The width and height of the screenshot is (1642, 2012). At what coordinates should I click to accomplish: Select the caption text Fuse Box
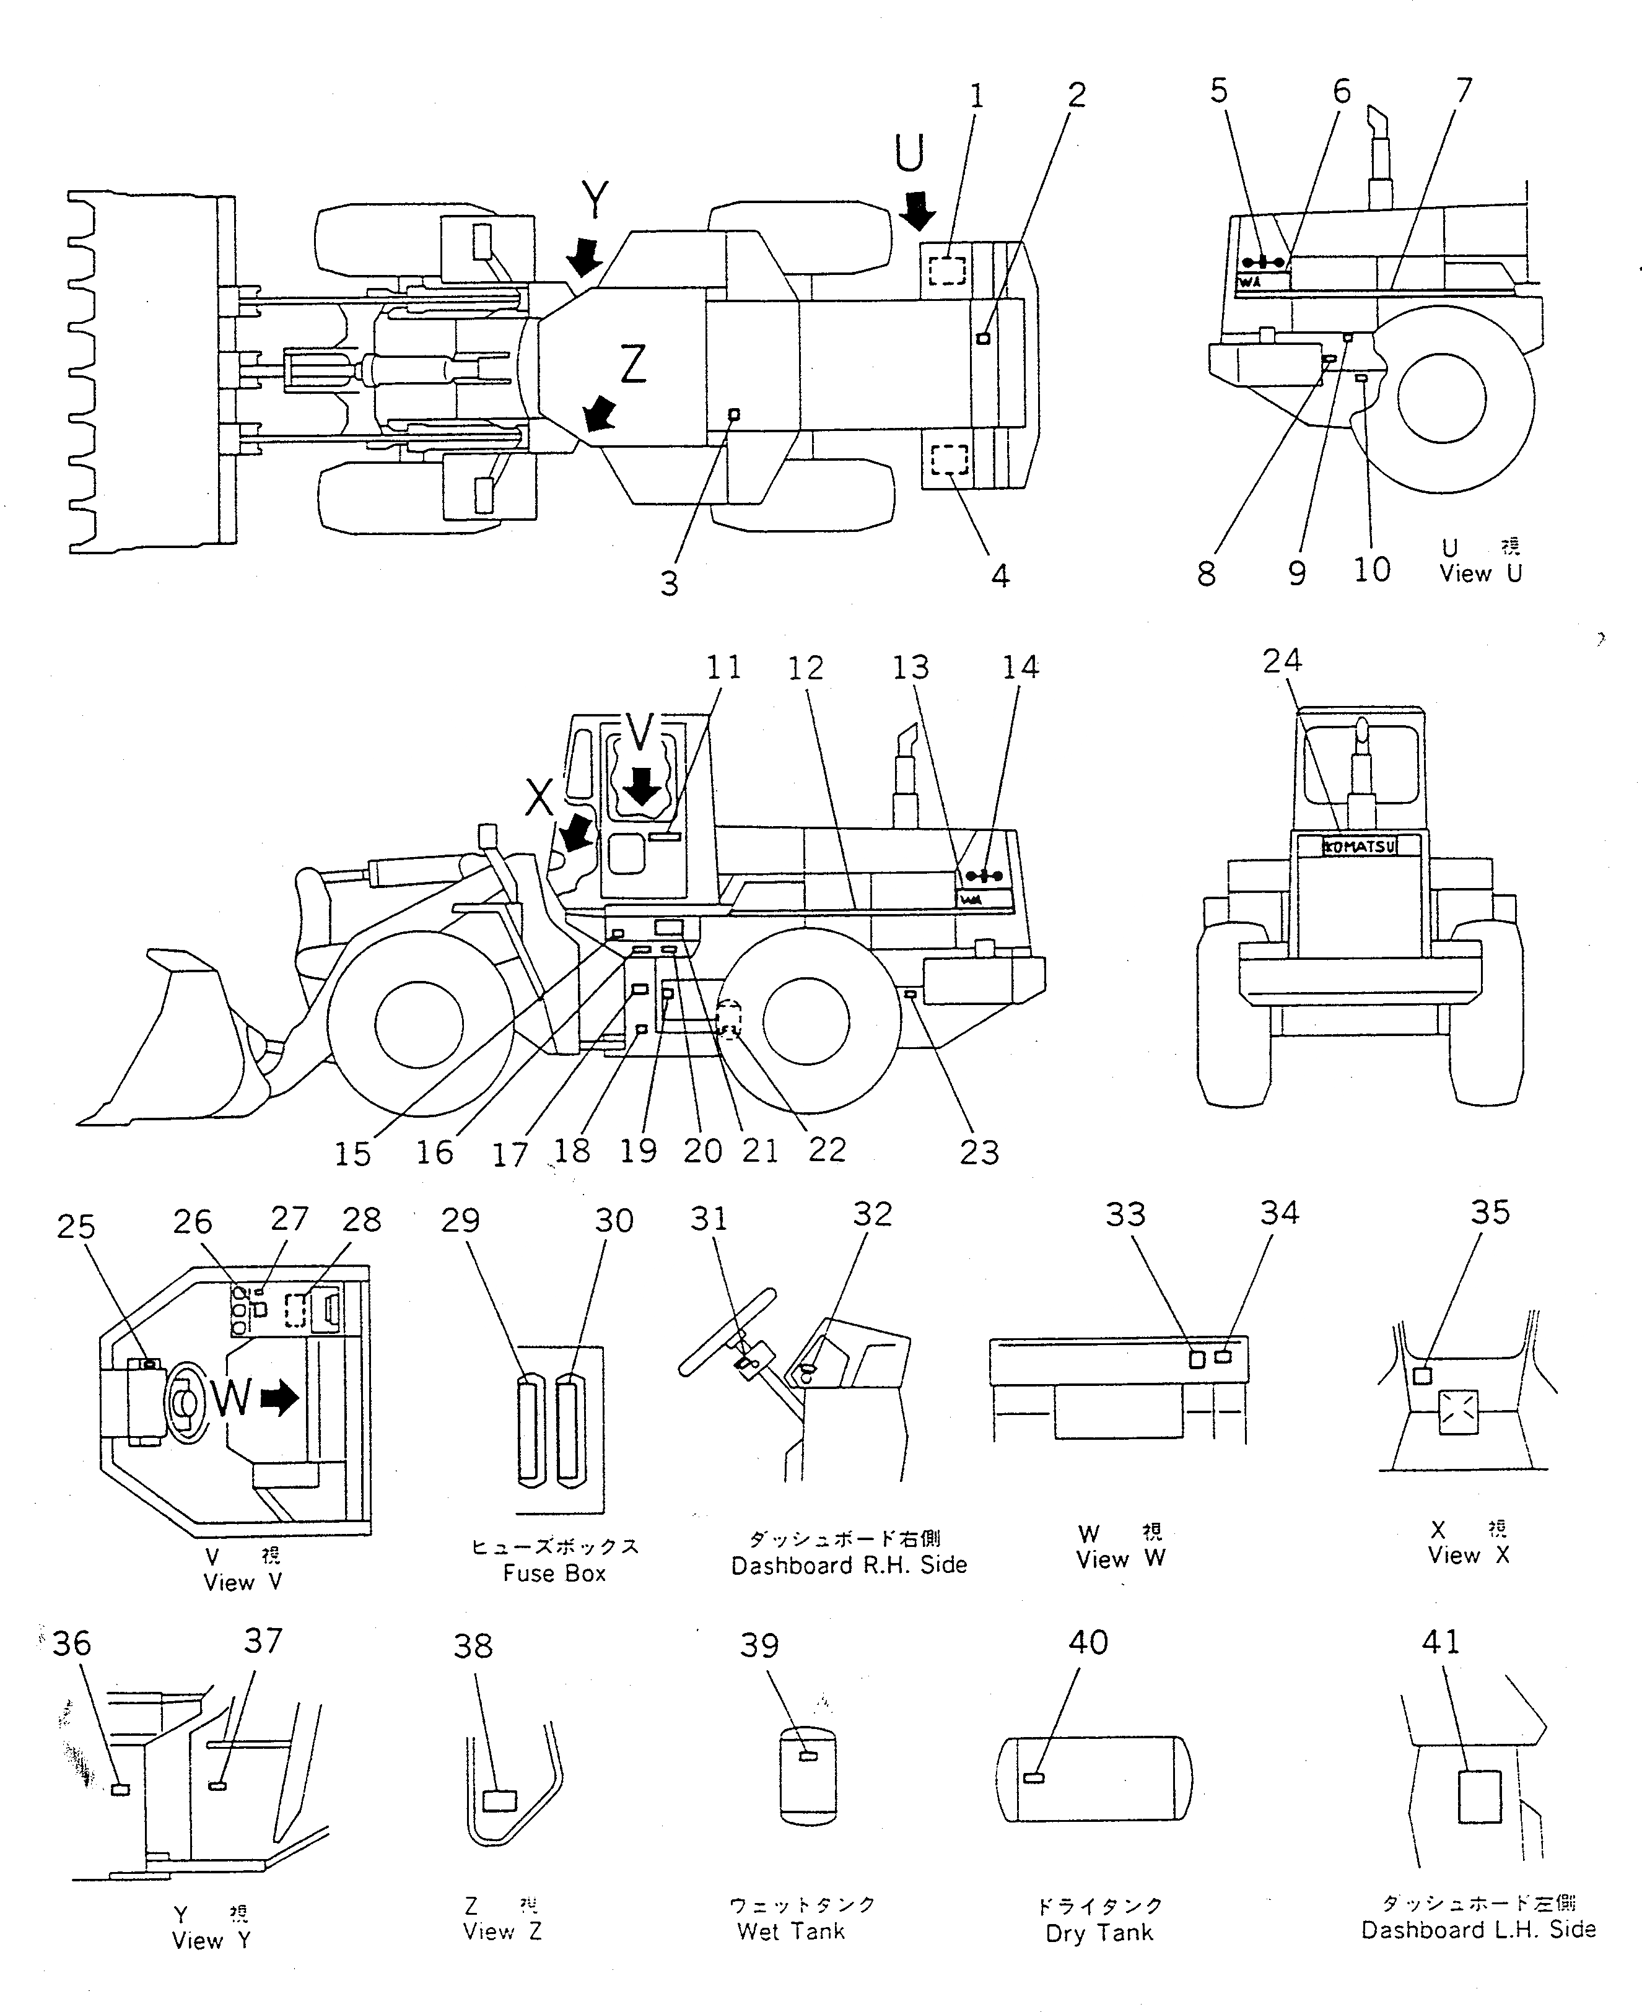[554, 1574]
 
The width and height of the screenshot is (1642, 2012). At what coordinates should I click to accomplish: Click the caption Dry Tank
[1099, 1933]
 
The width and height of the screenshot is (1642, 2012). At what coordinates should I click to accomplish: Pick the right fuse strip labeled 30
[569, 1432]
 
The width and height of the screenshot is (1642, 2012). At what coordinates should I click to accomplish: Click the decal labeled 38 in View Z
[499, 1800]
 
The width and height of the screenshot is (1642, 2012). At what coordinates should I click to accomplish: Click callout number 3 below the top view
[670, 583]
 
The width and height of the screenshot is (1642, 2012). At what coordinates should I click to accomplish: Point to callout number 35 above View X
[1490, 1212]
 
